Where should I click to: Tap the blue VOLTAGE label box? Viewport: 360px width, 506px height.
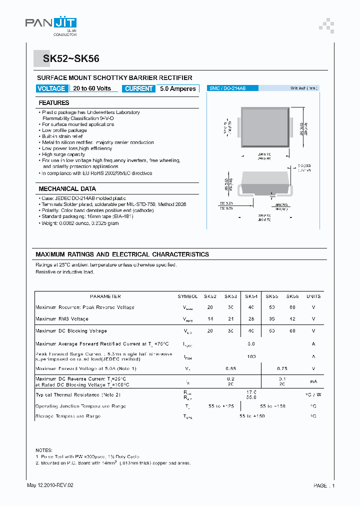[x=51, y=88]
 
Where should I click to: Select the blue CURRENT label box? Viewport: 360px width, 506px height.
[x=139, y=88]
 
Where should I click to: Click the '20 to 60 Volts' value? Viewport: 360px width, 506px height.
[x=92, y=88]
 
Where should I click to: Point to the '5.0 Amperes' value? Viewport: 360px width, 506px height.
[x=178, y=88]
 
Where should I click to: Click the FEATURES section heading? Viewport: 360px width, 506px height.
[x=54, y=103]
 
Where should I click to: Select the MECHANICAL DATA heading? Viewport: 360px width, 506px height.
[x=67, y=189]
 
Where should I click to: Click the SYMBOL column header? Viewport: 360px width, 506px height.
[x=188, y=296]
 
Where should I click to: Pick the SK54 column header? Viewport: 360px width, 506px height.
[x=251, y=296]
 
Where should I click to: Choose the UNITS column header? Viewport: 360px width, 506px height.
[x=313, y=296]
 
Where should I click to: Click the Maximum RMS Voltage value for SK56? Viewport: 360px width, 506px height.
[x=292, y=319]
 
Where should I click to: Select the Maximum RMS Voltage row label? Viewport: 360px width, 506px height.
[x=62, y=319]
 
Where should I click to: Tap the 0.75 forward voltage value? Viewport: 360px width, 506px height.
[x=282, y=368]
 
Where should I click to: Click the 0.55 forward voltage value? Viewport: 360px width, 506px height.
[x=230, y=368]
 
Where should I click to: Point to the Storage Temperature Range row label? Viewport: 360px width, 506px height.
[x=68, y=416]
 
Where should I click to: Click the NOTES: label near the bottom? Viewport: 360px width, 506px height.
[x=44, y=450]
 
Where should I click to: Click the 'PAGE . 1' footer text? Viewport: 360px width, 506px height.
[x=324, y=485]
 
